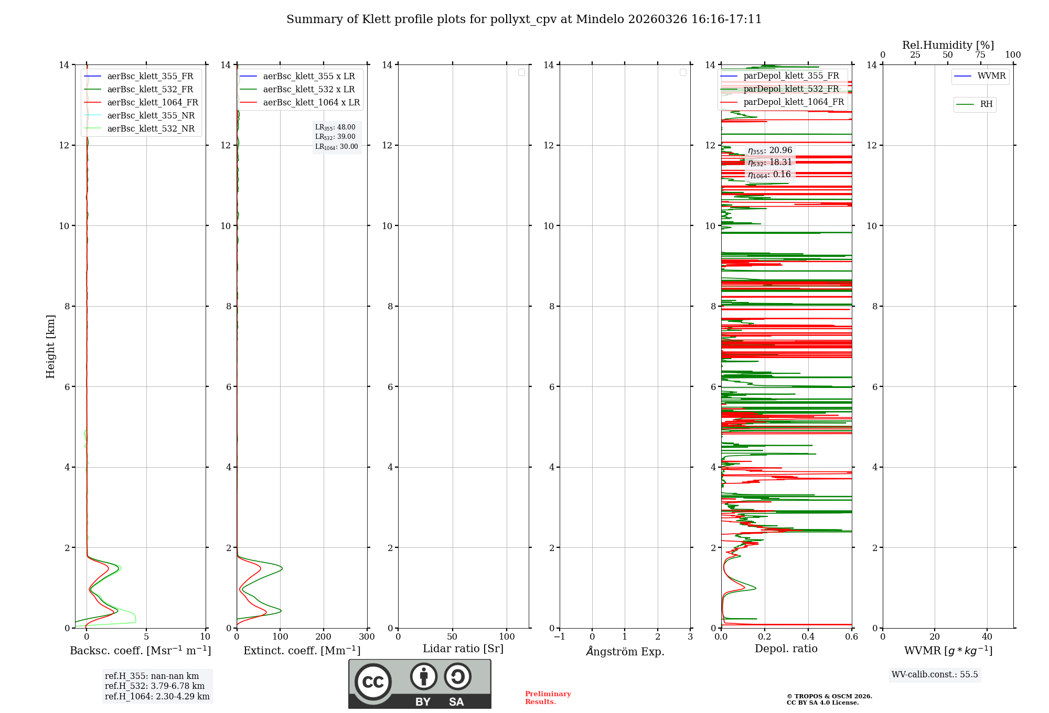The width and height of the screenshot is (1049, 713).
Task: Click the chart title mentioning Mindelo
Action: tap(523, 19)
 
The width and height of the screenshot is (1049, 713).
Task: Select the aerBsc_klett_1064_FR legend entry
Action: tap(153, 103)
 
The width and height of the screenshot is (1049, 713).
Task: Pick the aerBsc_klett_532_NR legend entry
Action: tap(151, 129)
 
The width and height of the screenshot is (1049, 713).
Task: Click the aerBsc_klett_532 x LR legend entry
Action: tap(308, 90)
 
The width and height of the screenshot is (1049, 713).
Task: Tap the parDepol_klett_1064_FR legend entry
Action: tap(793, 102)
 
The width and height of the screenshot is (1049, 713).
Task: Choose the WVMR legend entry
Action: tap(991, 76)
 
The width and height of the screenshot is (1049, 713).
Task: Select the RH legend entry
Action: tap(986, 104)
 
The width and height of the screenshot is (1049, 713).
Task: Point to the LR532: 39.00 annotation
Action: tap(335, 137)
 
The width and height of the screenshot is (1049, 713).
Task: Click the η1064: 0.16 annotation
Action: tap(769, 175)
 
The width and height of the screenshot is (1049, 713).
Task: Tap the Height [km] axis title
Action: tap(50, 347)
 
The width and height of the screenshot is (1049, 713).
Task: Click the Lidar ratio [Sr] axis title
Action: tap(463, 649)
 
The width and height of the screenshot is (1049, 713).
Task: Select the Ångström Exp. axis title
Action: tap(625, 651)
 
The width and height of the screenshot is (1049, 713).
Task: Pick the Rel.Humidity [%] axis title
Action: tap(948, 45)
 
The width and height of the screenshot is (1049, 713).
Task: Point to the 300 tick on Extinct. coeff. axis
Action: tap(367, 637)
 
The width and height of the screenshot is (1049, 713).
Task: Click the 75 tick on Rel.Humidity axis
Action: tap(980, 55)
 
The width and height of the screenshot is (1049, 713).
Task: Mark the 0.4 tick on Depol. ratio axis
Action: tap(808, 637)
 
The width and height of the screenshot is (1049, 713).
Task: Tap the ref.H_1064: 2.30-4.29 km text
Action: tap(157, 697)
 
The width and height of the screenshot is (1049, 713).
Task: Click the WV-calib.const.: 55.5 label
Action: tap(935, 675)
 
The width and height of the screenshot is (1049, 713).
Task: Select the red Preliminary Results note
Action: tap(548, 698)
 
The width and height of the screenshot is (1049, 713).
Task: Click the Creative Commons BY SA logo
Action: tap(420, 684)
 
